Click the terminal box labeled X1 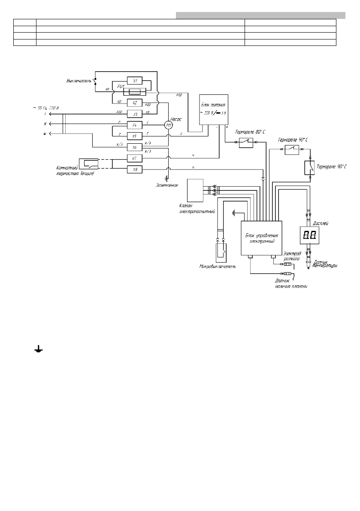click(134, 81)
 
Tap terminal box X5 click(134, 136)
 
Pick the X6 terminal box click(134, 147)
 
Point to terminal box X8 click(134, 170)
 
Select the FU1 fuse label click(121, 86)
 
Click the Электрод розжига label click(292, 257)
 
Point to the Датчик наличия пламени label click(292, 283)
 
